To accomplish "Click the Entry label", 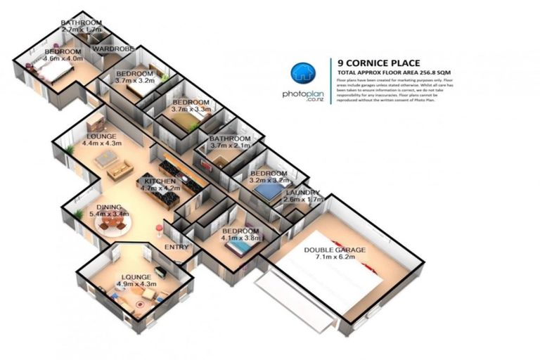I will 174,248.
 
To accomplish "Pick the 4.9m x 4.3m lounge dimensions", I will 136,285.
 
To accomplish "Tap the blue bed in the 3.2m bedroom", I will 267,191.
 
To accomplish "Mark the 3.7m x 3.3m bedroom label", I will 191,109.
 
